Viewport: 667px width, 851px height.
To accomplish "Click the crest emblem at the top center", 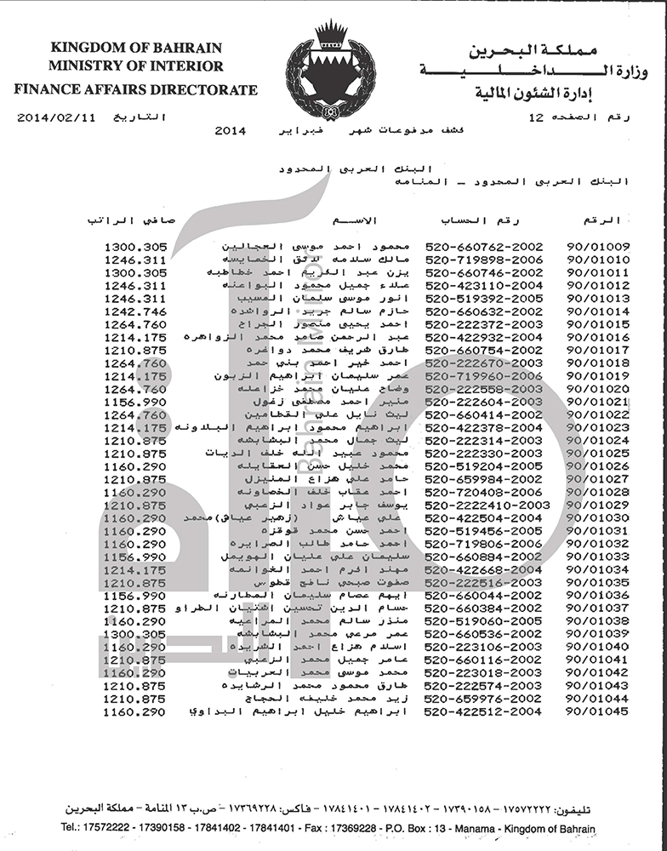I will (330, 71).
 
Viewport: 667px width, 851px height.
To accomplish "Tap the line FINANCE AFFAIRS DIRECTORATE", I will (135, 89).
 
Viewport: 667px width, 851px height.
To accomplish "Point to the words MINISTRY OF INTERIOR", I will (136, 66).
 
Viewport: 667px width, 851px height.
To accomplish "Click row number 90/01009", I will (597, 247).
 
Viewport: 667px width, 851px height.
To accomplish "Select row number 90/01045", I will (597, 711).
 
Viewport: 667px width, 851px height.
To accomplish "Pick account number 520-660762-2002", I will (482, 247).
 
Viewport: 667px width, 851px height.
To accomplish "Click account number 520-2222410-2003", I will (486, 505).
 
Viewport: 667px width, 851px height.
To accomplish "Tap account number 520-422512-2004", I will (482, 711).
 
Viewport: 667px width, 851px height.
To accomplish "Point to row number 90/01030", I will (597, 517).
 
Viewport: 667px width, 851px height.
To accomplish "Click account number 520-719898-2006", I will (482, 260).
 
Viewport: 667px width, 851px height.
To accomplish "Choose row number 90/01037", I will (597, 608).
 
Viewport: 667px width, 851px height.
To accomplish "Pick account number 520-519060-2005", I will (482, 620).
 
